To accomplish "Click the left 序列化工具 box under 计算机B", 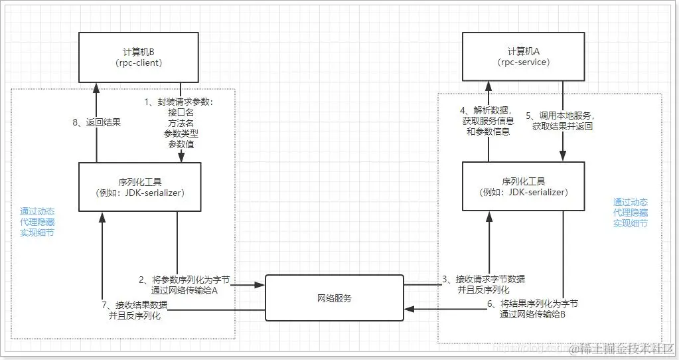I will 139,187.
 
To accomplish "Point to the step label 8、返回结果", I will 99,123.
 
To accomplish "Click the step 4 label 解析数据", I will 488,110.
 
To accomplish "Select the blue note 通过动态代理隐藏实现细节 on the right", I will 631,213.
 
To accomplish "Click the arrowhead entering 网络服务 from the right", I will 410,309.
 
